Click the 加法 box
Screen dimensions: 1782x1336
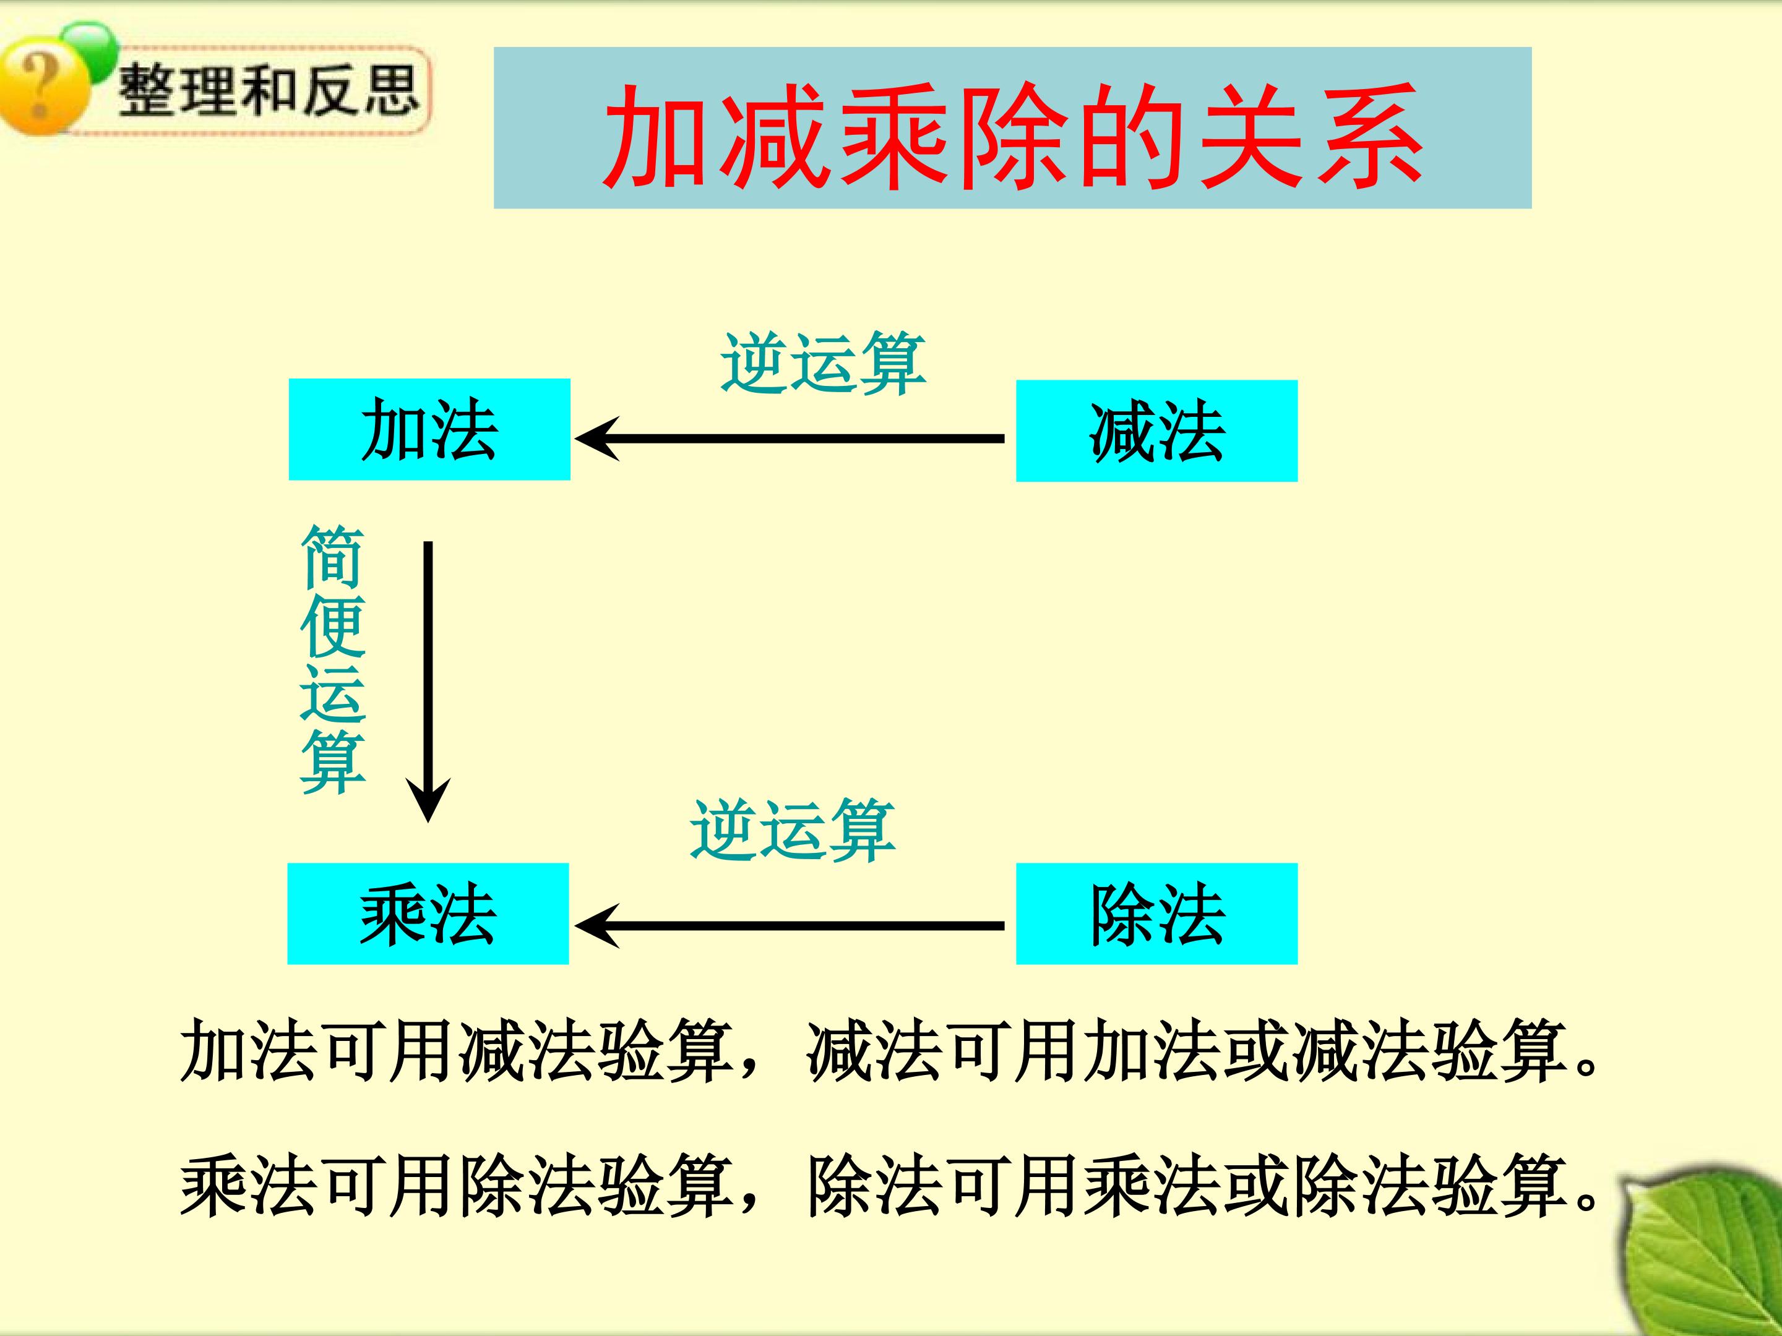[429, 429]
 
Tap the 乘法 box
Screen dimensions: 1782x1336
[428, 913]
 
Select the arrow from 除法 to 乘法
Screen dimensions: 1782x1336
[790, 925]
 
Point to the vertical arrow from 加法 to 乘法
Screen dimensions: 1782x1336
[428, 681]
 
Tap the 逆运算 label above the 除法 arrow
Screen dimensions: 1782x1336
[792, 830]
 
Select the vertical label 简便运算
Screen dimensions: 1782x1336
[333, 659]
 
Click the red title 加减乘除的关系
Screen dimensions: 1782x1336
[1013, 136]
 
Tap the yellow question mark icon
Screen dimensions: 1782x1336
[45, 88]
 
